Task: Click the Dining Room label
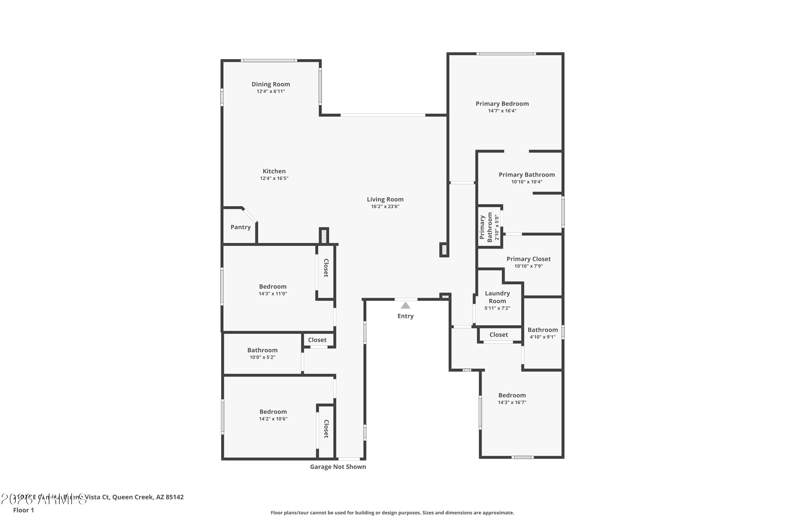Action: [x=271, y=84]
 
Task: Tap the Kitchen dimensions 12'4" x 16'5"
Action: [x=274, y=178]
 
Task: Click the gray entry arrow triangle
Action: [x=405, y=305]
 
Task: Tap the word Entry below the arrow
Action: [x=405, y=316]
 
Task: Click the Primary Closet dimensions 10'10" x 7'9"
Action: [x=528, y=266]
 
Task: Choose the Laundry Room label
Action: [x=497, y=297]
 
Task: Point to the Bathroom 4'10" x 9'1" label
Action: [x=542, y=333]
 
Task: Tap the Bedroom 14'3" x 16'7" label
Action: [x=512, y=398]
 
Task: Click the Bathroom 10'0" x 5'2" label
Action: [x=262, y=353]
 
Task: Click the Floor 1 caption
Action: [x=23, y=510]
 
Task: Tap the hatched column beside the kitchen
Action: [x=323, y=236]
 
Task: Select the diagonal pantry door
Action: [x=250, y=215]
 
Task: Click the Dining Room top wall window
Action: [x=269, y=61]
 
